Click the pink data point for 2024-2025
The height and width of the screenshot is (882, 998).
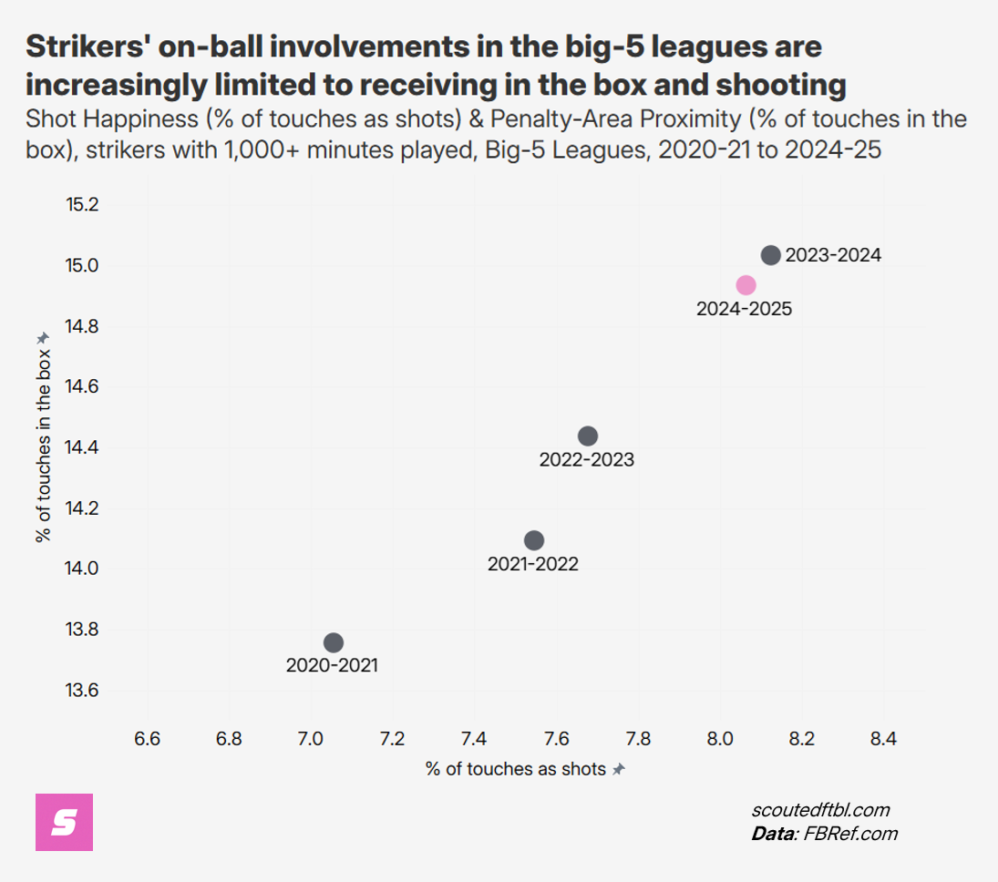click(x=746, y=285)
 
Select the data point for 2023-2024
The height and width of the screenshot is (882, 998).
click(x=770, y=255)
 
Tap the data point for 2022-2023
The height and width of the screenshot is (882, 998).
click(x=588, y=436)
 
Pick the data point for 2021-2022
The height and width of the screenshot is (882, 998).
click(x=534, y=540)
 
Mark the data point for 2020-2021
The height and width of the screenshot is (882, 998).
click(x=334, y=642)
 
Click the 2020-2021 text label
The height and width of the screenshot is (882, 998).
click(x=332, y=666)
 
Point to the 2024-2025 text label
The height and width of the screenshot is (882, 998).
click(x=744, y=309)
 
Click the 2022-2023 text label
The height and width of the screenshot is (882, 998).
click(x=586, y=460)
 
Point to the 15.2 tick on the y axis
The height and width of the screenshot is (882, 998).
click(x=81, y=205)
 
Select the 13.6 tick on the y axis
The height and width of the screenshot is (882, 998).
click(x=81, y=690)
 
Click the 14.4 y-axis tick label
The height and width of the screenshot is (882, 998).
click(x=81, y=447)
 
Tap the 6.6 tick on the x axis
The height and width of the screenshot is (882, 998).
click(x=147, y=739)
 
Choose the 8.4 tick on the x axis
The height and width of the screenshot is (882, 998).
click(x=883, y=739)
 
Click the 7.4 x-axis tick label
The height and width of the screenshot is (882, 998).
click(x=474, y=739)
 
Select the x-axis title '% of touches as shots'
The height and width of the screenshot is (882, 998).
click(x=516, y=769)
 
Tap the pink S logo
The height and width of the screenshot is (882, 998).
click(x=64, y=823)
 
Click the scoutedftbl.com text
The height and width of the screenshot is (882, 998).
click(x=820, y=810)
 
